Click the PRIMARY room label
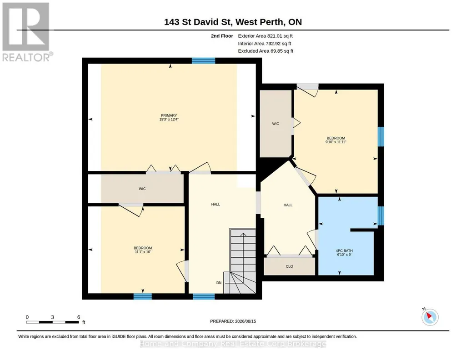pos(169,115)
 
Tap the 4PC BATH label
pos(344,251)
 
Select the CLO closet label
pos(290,266)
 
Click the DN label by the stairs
pos(219,283)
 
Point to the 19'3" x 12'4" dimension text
pos(169,120)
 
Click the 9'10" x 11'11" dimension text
pos(336,142)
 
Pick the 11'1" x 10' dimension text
pos(143,252)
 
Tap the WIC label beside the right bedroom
pos(276,124)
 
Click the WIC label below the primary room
pos(142,189)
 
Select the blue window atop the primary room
pos(204,60)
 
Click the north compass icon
pos(430,317)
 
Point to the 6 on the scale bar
pos(79,317)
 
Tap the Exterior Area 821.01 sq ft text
pos(266,36)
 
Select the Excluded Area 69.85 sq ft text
pos(266,51)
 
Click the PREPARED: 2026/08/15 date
pos(233,321)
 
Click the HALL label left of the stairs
pos(216,205)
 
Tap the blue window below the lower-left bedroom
pos(143,296)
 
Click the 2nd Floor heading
pos(222,36)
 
